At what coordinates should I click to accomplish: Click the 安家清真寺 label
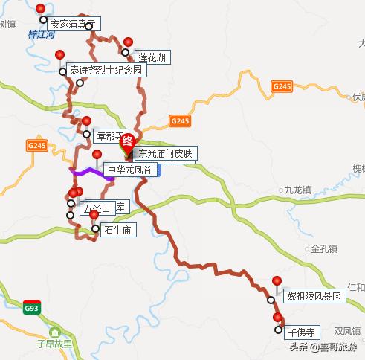click(73, 24)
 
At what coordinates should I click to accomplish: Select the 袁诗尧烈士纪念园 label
click(106, 71)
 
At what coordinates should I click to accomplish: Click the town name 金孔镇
click(324, 248)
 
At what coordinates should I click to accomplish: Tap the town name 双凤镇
click(347, 331)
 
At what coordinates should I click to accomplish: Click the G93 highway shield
click(30, 308)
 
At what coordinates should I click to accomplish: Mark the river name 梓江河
click(42, 35)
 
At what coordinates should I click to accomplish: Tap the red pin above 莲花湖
click(129, 43)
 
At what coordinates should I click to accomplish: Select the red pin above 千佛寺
click(277, 318)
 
